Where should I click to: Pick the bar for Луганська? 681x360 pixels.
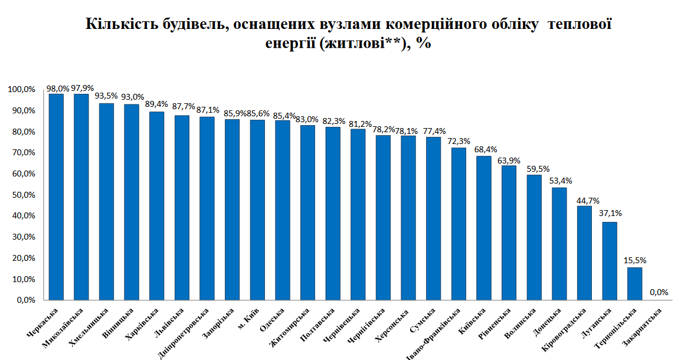(x=610, y=261)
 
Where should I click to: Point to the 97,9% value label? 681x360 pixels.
(x=82, y=89)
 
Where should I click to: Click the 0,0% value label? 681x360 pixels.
(x=659, y=292)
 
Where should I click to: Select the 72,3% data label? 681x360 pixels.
(x=459, y=142)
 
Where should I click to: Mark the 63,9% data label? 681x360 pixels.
(x=509, y=160)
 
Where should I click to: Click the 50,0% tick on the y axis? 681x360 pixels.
(x=22, y=195)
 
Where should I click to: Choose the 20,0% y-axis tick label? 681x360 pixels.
(x=22, y=258)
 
